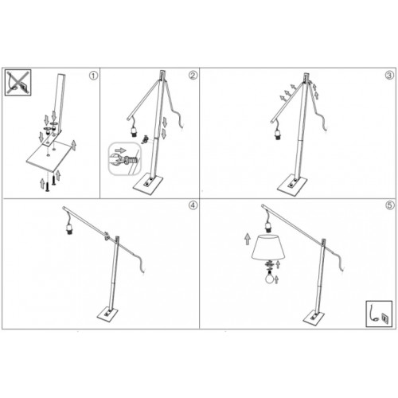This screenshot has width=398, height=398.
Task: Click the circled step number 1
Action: tap(93, 76)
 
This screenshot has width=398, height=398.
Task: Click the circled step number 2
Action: tap(193, 76)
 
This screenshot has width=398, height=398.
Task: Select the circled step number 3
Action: tap(389, 76)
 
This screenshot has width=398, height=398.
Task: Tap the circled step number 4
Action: tap(193, 205)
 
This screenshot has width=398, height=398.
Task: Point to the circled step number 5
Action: tap(389, 205)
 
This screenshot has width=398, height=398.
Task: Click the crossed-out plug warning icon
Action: tap(18, 82)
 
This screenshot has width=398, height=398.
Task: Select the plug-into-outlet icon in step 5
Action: tap(379, 314)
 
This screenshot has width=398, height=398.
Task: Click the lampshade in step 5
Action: tap(268, 247)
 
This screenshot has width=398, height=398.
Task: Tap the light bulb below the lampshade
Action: tap(269, 277)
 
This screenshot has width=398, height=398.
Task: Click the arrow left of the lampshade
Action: tap(248, 239)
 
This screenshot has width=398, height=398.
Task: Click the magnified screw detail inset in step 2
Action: tap(125, 158)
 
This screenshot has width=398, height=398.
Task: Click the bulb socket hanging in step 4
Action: tap(69, 229)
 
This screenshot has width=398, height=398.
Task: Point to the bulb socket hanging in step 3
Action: tap(278, 135)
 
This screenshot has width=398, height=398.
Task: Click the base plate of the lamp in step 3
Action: tap(292, 185)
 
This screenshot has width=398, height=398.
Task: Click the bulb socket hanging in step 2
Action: tap(134, 131)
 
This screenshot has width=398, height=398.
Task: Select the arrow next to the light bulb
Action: tap(276, 279)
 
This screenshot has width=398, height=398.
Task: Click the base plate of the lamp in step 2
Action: tap(148, 184)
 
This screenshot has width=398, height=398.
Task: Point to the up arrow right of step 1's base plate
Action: tap(74, 145)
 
